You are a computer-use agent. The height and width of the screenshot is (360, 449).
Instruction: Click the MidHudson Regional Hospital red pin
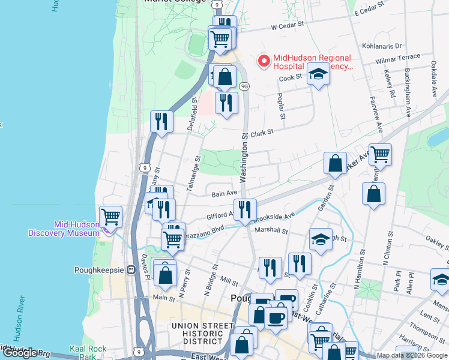click(x=263, y=61)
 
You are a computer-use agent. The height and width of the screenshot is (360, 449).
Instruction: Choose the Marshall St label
click(x=271, y=230)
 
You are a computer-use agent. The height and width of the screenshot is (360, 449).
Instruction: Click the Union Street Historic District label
click(x=202, y=334)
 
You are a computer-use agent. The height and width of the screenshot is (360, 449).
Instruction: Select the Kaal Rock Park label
click(x=88, y=353)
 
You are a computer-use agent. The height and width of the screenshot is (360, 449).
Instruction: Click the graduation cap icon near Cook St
click(x=318, y=75)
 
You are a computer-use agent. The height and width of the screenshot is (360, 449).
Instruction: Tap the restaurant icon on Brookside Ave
click(x=245, y=209)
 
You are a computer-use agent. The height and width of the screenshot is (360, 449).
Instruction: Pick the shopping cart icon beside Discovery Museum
click(x=110, y=216)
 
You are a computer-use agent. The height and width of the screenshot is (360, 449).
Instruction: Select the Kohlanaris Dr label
click(x=382, y=46)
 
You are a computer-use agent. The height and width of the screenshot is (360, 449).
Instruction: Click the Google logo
click(x=20, y=353)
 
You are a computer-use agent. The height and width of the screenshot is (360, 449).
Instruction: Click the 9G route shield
click(x=244, y=86)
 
